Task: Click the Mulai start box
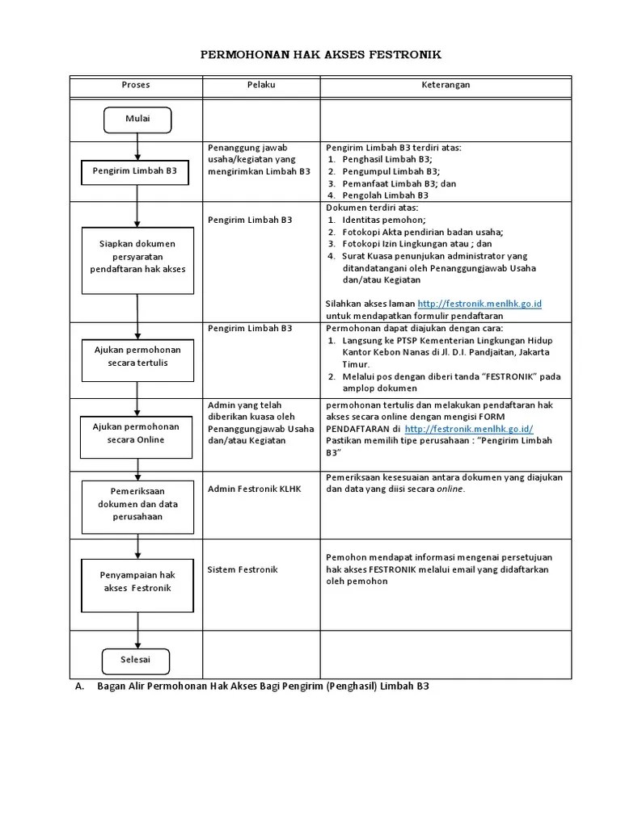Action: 137,120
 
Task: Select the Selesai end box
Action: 137,661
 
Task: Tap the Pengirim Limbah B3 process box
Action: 136,172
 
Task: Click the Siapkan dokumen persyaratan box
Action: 137,256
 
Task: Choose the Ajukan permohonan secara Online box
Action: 137,433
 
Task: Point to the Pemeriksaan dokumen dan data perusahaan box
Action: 137,505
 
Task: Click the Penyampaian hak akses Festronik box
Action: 137,581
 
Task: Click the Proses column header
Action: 136,85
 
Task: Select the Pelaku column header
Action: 261,85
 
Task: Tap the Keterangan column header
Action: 446,85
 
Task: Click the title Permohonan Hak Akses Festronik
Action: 321,55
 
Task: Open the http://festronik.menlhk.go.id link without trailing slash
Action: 479,303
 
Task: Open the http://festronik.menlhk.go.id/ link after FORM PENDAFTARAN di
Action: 469,429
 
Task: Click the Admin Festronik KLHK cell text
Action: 254,489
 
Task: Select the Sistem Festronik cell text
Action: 243,569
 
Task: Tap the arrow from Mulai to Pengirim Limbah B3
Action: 137,146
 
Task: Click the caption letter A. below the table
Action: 78,686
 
